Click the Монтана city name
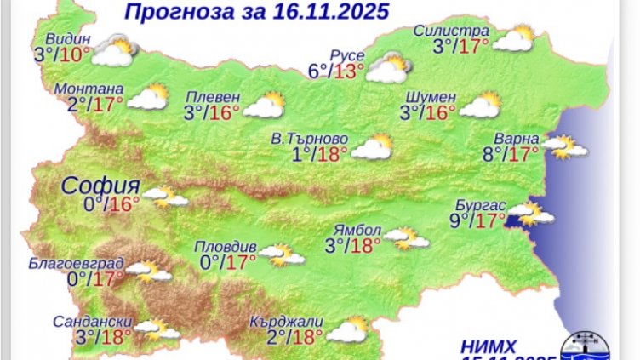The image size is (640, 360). tap(88, 89)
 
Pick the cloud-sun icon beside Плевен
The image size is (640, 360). tap(264, 106)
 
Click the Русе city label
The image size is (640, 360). tap(347, 56)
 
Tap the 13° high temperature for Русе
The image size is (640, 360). tap(349, 71)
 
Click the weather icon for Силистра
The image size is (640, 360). tap(513, 39)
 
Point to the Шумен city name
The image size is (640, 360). tap(434, 95)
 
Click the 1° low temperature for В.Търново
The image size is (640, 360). tap(299, 154)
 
